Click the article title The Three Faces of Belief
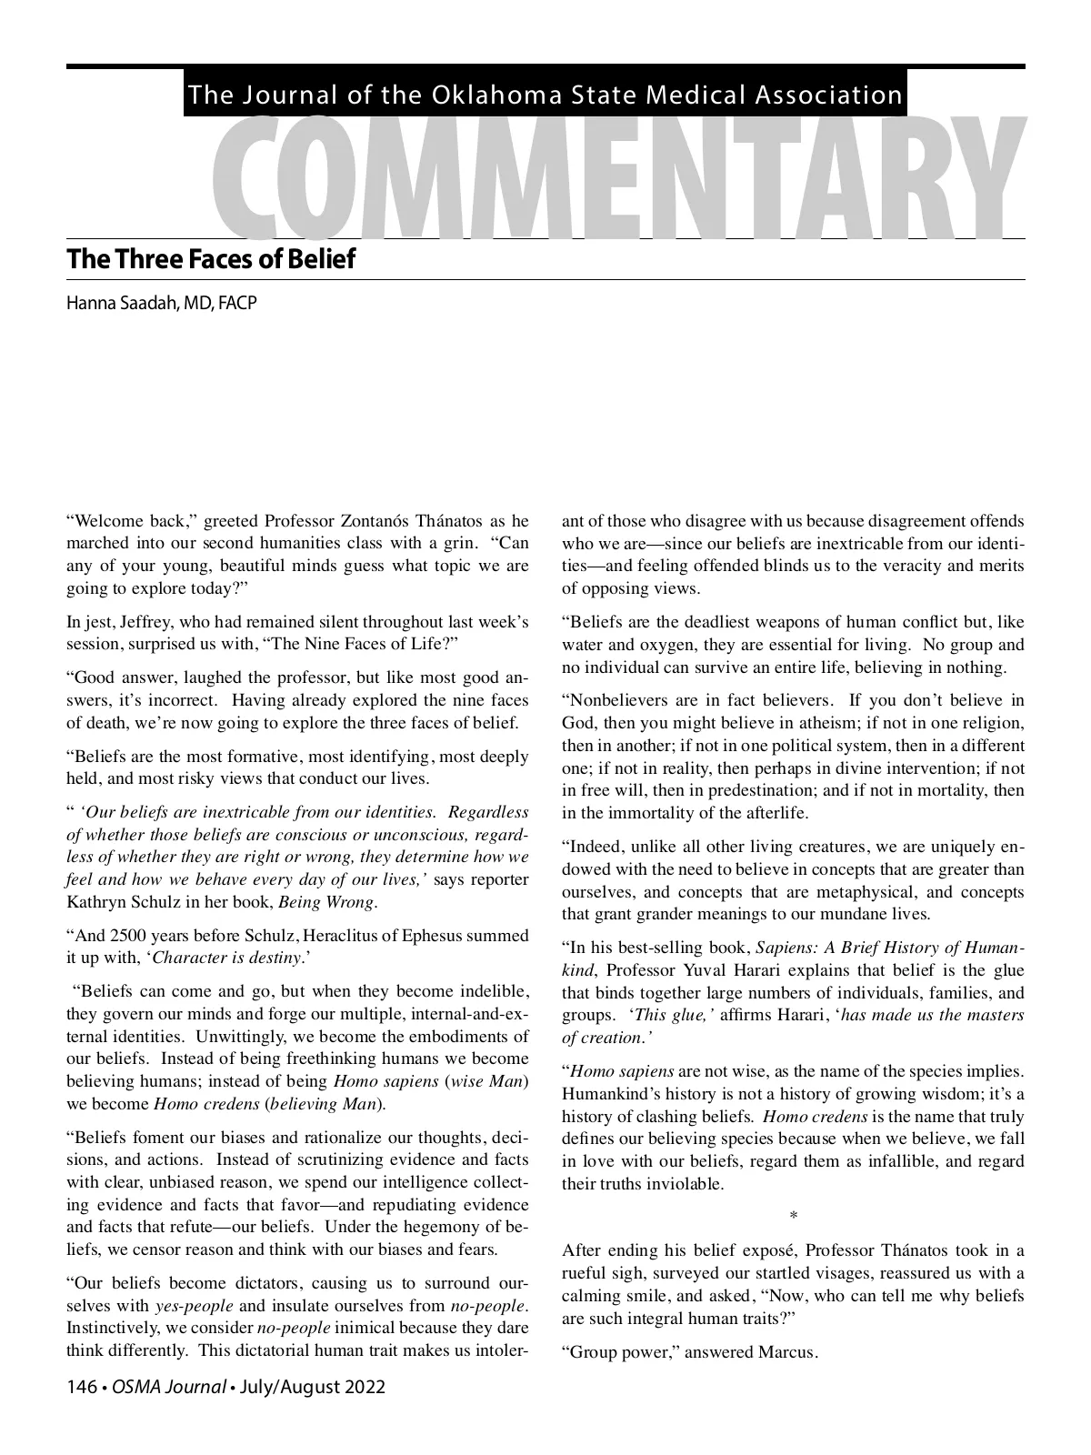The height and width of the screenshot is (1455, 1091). [211, 259]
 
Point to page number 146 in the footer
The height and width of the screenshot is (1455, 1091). [81, 1387]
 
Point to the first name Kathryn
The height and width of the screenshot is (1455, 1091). [94, 903]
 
